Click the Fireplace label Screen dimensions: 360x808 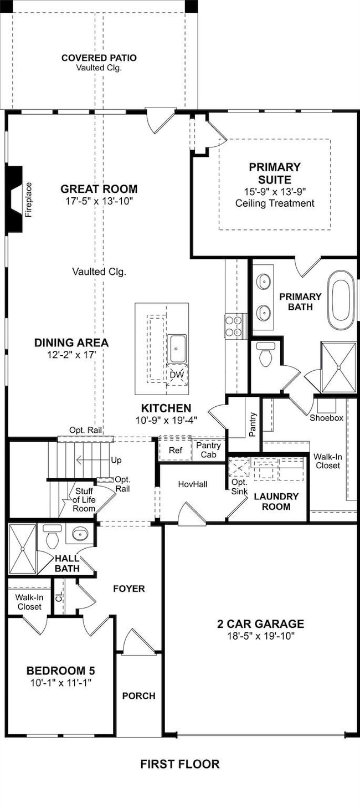[28, 200]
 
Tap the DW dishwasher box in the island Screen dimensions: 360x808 [177, 375]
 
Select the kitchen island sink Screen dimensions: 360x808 [177, 349]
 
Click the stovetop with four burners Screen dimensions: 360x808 [233, 326]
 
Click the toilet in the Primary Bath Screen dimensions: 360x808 [266, 354]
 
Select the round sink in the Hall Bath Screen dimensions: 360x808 [79, 534]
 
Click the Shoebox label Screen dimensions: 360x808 [326, 418]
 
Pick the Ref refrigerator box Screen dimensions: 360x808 [176, 450]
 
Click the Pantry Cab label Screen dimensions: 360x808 [209, 450]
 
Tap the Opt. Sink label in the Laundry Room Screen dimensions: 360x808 [239, 487]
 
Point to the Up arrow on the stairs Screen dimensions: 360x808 [94, 461]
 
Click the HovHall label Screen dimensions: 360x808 [193, 484]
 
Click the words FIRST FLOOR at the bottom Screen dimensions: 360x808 [180, 764]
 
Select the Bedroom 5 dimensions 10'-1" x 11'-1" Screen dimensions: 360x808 [60, 682]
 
